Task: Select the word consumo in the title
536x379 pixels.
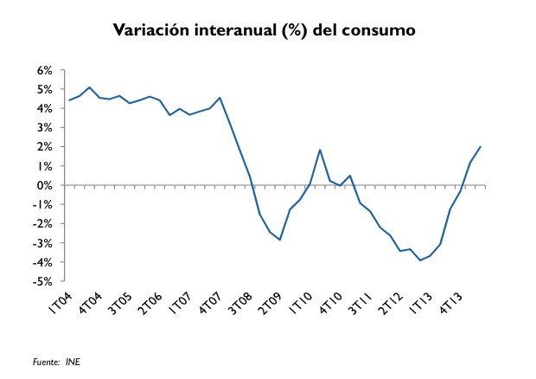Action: point(380,31)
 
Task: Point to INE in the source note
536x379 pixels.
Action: point(73,363)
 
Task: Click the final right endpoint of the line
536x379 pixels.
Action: point(481,146)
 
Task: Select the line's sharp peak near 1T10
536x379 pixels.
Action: point(320,150)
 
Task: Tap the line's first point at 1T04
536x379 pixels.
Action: point(69,100)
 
